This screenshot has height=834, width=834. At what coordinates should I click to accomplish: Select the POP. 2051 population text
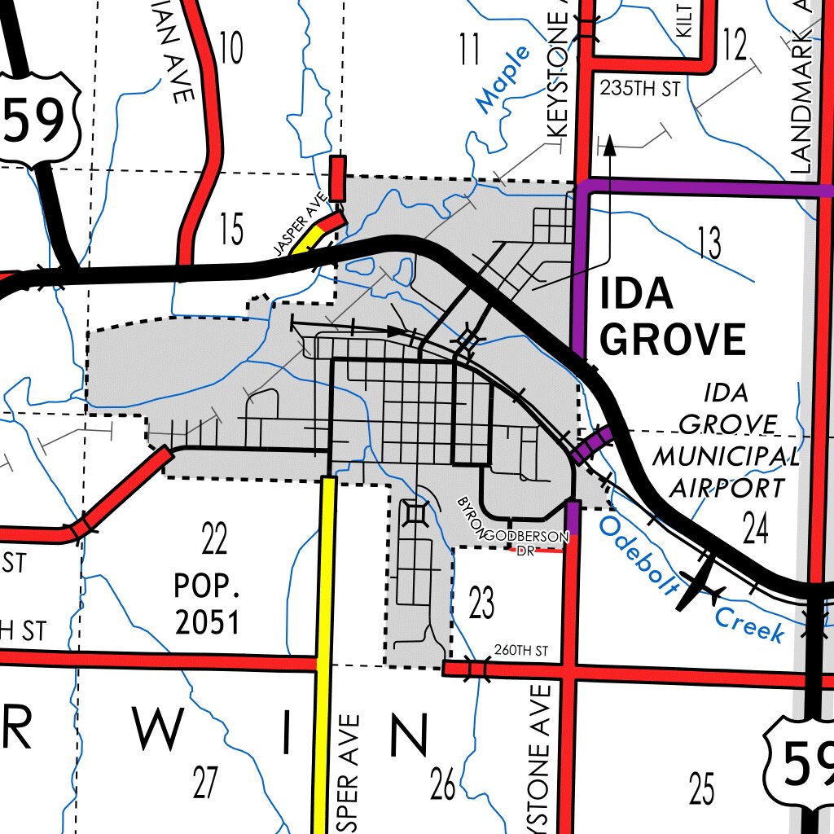coord(207,604)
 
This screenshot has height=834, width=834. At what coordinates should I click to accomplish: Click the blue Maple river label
coord(503,79)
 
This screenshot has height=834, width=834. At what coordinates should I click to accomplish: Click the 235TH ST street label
coord(639,89)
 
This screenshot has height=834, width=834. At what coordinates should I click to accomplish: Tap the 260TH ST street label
coord(521,651)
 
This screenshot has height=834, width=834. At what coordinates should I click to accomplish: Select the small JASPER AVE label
coord(301,224)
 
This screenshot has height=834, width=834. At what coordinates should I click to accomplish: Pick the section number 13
coord(709,243)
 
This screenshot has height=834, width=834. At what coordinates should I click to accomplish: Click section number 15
coord(231,230)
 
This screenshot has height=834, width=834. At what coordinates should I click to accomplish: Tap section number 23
coord(481,604)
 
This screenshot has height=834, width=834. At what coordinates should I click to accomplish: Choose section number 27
coord(205,783)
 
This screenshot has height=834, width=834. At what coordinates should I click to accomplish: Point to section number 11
coord(469,50)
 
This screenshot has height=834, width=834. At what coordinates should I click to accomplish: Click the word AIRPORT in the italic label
coord(726,487)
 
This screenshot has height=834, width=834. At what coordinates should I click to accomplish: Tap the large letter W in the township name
coord(159,731)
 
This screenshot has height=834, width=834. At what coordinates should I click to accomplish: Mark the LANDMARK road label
coord(801,90)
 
